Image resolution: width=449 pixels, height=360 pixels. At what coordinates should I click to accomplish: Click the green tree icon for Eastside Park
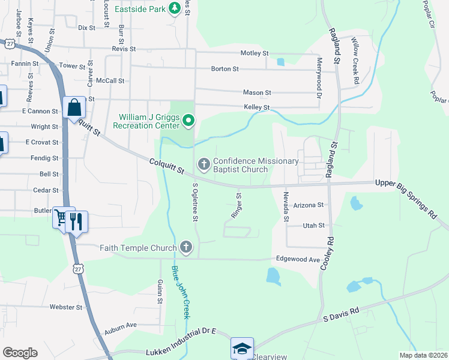pyautogui.click(x=174, y=8)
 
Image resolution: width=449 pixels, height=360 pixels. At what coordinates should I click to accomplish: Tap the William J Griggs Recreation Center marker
pyautogui.click(x=188, y=121)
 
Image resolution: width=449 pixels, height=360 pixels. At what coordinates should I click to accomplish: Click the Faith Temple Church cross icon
pyautogui.click(x=186, y=247)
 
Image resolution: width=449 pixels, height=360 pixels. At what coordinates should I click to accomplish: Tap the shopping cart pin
pyautogui.click(x=61, y=219)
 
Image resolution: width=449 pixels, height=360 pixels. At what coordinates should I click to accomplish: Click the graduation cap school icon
pyautogui.click(x=242, y=348)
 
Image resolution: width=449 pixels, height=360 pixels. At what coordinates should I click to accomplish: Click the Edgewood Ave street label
pyautogui.click(x=298, y=259)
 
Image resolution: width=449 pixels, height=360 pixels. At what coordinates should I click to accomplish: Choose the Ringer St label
pyautogui.click(x=237, y=205)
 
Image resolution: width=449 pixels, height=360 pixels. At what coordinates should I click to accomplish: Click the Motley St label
pyautogui.click(x=255, y=53)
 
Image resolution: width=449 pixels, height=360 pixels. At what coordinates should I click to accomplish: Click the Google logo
pyautogui.click(x=20, y=353)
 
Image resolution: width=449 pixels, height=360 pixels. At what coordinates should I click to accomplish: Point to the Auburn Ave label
pyautogui.click(x=121, y=325)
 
